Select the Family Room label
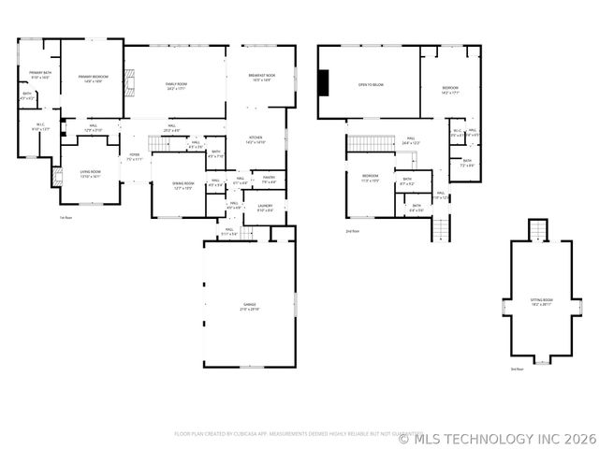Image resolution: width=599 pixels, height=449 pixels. coord(177,86)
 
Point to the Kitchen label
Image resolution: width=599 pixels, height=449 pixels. coord(256,141)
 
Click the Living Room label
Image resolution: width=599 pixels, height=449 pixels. coord(90,173)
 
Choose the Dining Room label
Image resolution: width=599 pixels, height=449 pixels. coord(183,185)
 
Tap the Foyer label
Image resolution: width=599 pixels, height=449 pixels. coord(135,157)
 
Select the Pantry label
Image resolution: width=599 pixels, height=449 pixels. coord(268,181)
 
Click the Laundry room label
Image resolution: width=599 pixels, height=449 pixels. coord(265,208)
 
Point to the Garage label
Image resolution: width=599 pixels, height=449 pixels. coord(250,306)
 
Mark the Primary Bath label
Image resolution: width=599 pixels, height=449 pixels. coord(39,74)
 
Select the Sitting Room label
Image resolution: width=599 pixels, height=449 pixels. coord(541,303)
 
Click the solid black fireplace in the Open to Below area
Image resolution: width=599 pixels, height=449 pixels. coord(324,83)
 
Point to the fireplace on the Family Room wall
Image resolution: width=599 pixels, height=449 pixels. coord(132,84)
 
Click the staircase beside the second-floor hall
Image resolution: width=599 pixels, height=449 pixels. coord(366,143)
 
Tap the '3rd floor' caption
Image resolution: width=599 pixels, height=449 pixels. coord(517,369)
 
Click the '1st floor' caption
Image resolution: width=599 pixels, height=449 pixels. coord(66,218)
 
